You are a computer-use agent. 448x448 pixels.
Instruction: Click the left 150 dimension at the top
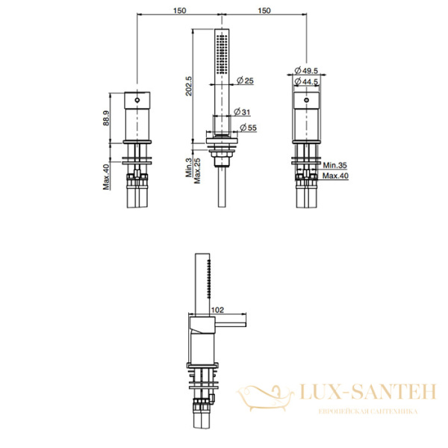point(179,10)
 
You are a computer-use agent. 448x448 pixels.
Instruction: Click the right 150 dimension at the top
point(264,10)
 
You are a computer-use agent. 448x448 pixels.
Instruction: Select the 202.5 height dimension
point(189,86)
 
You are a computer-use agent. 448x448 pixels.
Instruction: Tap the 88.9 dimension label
point(106,118)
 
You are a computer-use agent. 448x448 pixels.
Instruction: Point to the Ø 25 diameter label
point(245,81)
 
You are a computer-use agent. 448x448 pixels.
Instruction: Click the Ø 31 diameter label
point(242,112)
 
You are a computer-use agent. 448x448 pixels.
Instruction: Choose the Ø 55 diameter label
point(249,128)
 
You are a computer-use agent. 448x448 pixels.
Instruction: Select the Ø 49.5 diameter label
point(306,70)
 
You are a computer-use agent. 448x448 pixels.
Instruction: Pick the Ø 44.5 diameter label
point(306,81)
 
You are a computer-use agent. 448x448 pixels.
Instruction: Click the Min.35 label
point(335,165)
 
